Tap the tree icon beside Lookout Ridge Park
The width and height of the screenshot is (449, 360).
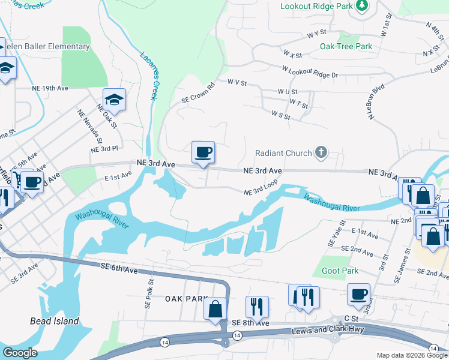pyautogui.click(x=362, y=6)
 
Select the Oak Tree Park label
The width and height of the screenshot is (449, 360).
pyautogui.click(x=346, y=46)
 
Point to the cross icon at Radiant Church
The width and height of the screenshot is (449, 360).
pyautogui.click(x=321, y=152)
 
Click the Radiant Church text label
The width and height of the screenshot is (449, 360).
pyautogui.click(x=283, y=153)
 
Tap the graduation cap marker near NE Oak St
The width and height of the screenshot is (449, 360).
pyautogui.click(x=114, y=100)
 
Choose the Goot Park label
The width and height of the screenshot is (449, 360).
pyautogui.click(x=340, y=271)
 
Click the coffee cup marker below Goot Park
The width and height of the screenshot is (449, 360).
pyautogui.click(x=359, y=295)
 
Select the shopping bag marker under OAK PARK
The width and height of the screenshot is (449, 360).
pyautogui.click(x=215, y=310)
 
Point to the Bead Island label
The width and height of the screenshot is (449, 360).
pyautogui.click(x=54, y=321)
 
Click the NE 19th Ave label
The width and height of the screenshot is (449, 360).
pyautogui.click(x=50, y=88)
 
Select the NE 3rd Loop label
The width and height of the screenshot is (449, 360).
pyautogui.click(x=261, y=190)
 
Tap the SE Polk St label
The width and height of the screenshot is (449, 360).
pyautogui.click(x=148, y=293)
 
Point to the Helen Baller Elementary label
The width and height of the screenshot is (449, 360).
pyautogui.click(x=47, y=46)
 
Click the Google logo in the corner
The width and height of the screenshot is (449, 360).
pyautogui.click(x=20, y=353)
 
